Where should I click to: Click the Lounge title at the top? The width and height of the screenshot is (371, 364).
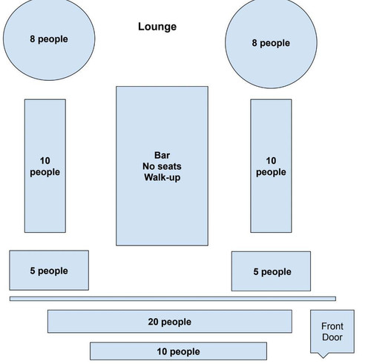[x=157, y=27]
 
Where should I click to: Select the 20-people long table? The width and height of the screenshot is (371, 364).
[x=170, y=322]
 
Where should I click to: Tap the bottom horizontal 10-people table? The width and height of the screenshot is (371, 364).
[x=178, y=351]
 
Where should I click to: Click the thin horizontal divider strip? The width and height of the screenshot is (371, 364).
[x=172, y=299]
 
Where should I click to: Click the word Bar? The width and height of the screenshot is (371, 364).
[x=162, y=156]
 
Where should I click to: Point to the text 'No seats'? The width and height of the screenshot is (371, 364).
[x=162, y=167]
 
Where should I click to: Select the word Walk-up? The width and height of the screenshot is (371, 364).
[x=162, y=178]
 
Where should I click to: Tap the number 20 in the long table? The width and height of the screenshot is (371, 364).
[x=154, y=322]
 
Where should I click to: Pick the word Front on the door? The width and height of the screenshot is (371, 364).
[x=332, y=326]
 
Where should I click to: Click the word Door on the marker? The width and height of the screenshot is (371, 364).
[x=332, y=337]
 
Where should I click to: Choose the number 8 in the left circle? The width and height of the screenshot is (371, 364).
[x=33, y=39]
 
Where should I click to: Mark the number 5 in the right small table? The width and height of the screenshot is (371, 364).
[x=256, y=272]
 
